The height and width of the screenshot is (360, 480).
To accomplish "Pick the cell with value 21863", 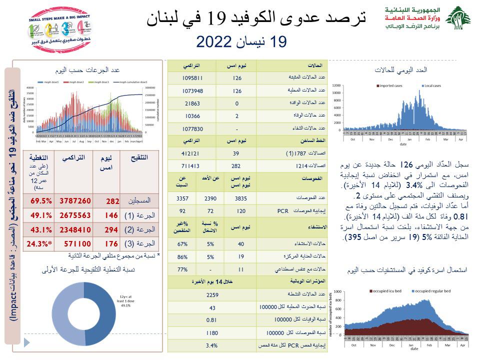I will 192,103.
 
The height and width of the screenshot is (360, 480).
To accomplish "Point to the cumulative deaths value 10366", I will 192,116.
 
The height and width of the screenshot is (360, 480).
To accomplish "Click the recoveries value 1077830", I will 192,129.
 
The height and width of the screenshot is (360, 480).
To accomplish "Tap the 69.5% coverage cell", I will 42,200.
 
